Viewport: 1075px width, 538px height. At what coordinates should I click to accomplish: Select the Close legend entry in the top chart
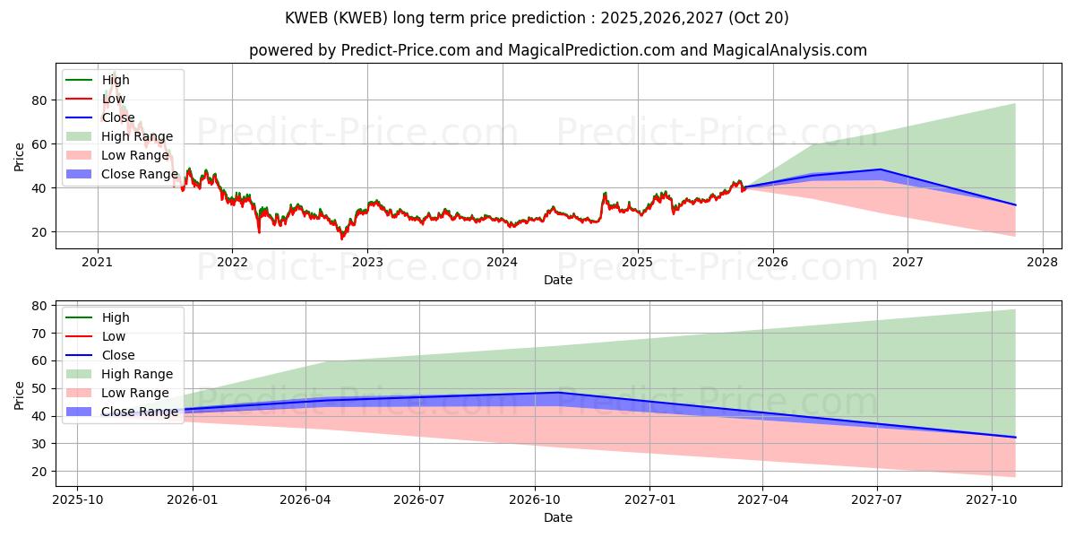[x=118, y=117]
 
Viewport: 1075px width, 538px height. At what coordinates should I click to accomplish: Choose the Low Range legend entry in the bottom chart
[x=134, y=393]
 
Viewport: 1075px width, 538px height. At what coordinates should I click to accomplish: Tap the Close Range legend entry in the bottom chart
[x=139, y=412]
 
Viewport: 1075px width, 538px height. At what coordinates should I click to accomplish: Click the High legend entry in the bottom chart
[x=116, y=317]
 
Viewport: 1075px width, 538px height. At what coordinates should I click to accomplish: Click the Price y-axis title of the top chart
[x=20, y=156]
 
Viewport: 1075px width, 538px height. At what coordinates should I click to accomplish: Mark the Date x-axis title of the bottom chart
[x=558, y=517]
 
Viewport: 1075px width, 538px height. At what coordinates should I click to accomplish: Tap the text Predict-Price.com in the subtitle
[x=405, y=50]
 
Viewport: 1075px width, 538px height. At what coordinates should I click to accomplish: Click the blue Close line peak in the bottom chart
[x=559, y=393]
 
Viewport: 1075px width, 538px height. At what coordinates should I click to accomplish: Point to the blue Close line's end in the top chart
[x=1015, y=205]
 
